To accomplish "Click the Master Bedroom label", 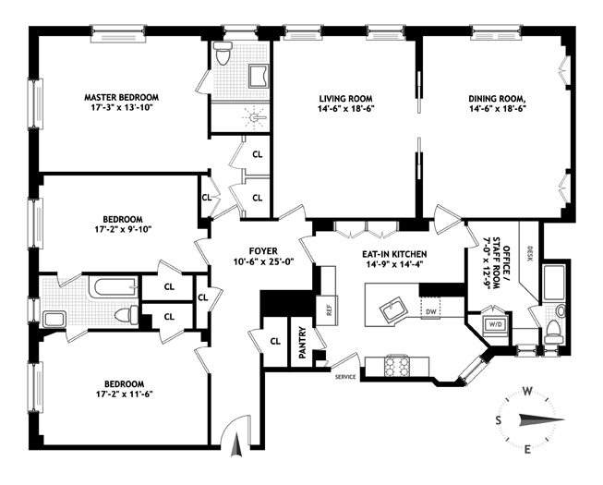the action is coord(122,97).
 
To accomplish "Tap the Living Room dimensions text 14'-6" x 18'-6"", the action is coord(346,108).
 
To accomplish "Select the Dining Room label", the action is coord(497,99).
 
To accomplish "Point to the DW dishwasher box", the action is coord(431,312).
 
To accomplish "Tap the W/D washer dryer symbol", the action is coord(495,324).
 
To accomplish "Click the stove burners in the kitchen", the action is coord(396,366).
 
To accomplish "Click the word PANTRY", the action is coord(302,343).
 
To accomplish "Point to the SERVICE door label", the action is coord(345,377).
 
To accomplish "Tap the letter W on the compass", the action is coord(527,392).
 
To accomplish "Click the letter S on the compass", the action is coord(498,420).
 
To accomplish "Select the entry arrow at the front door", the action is coord(236,444).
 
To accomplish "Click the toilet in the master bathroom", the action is coord(223,54).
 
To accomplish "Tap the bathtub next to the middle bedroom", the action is coord(113,287).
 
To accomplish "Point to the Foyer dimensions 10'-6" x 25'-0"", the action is coord(263,262).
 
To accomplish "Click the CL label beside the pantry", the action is coord(275,341).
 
